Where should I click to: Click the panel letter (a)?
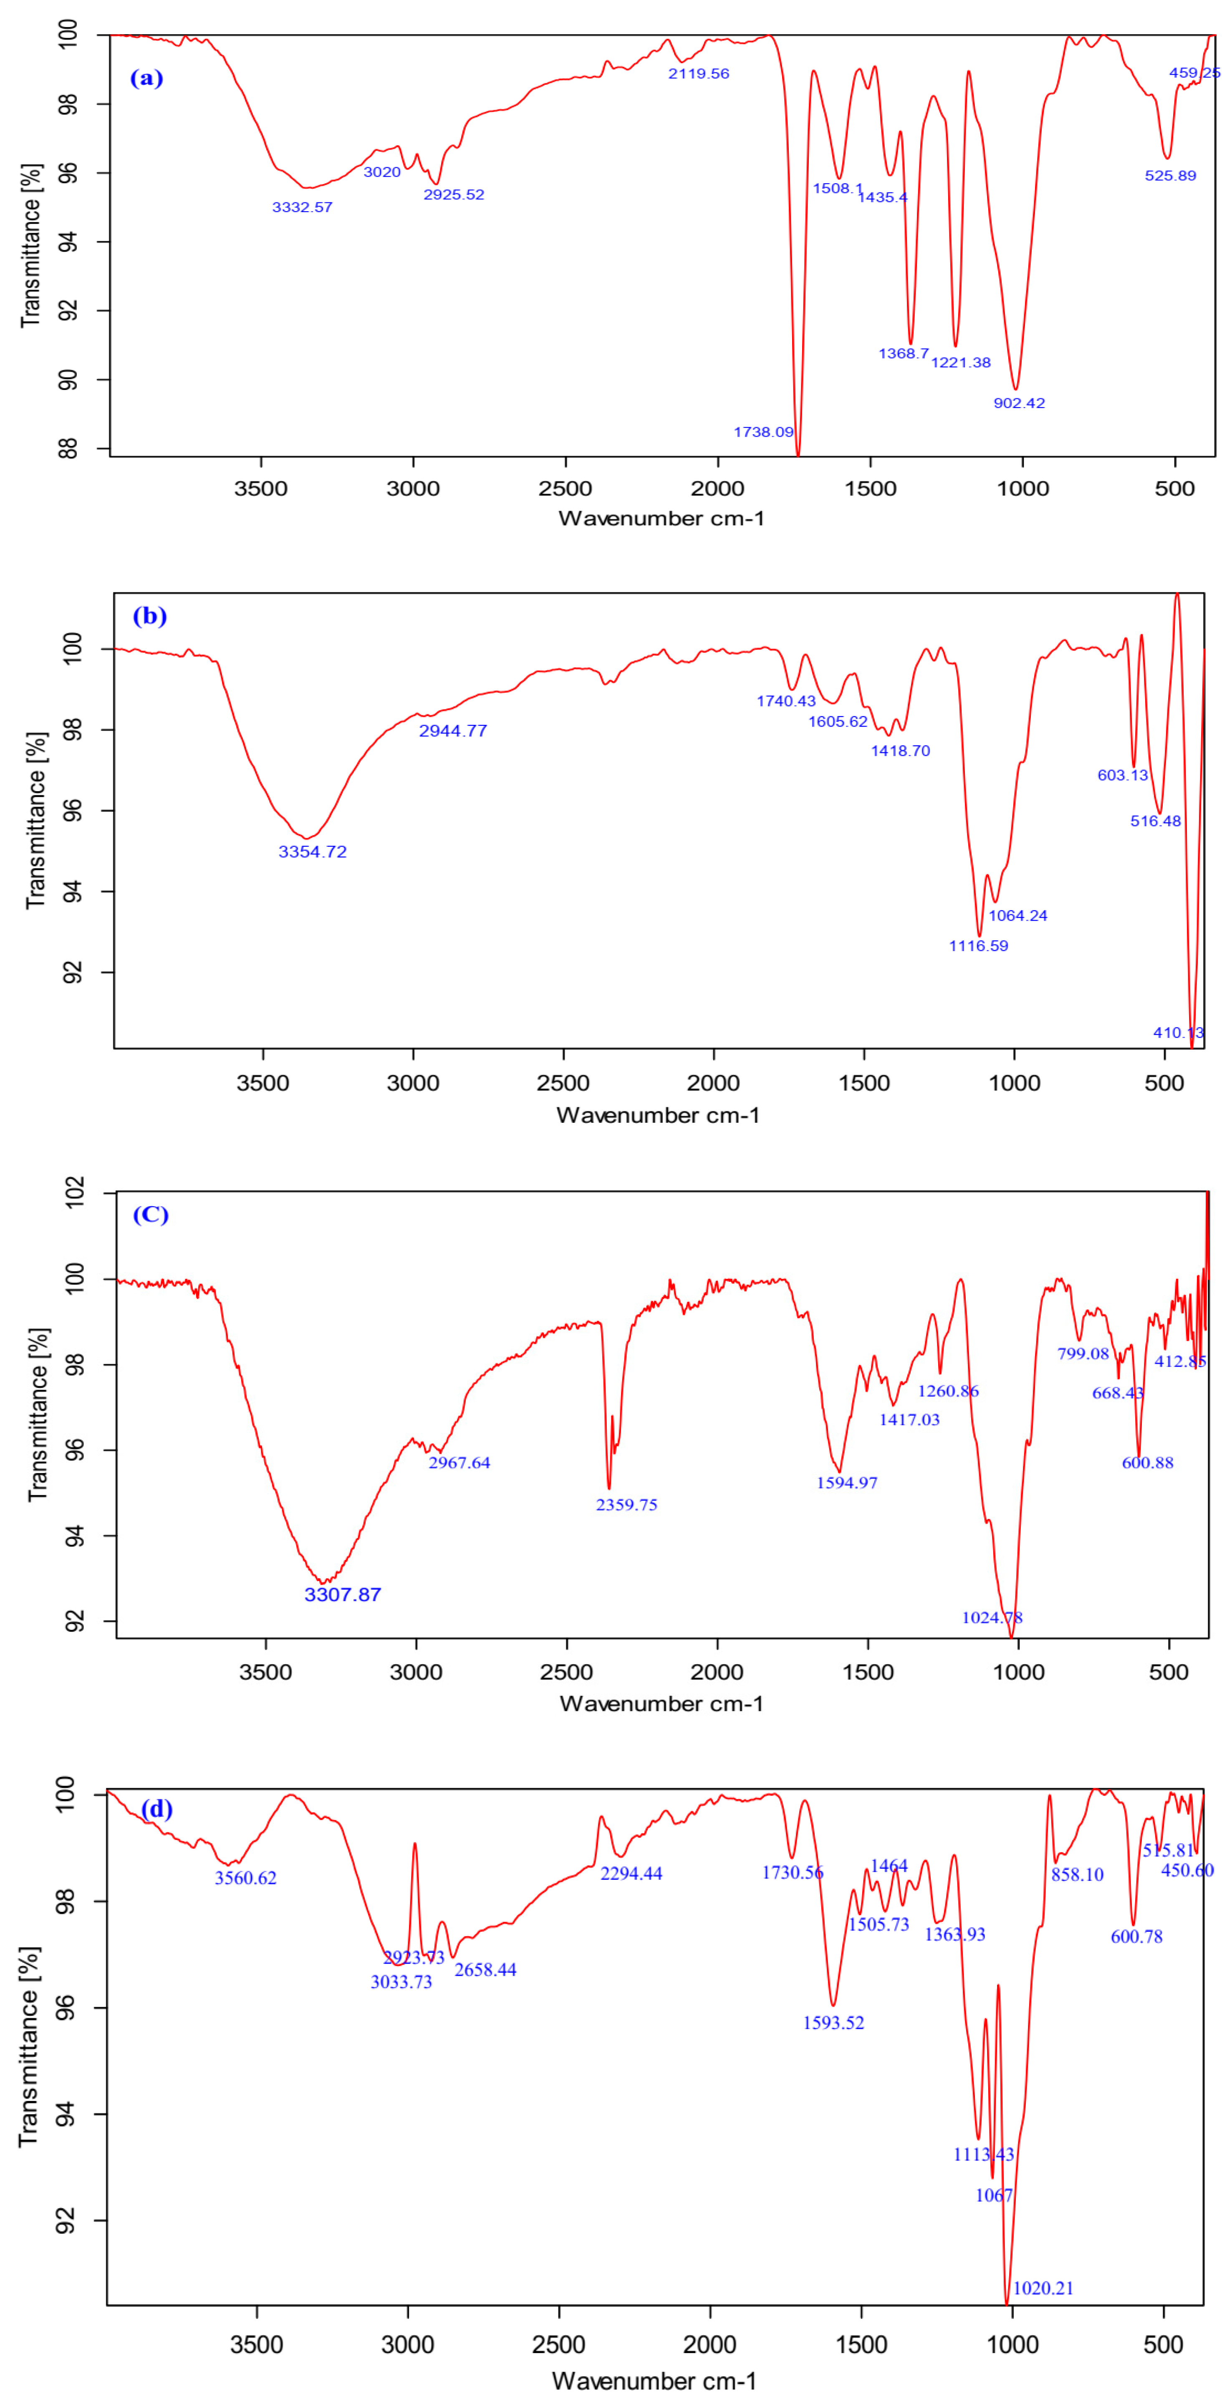[146, 78]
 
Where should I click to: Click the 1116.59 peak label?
[978, 946]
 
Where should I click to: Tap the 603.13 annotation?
[1122, 774]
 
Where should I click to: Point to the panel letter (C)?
[150, 1215]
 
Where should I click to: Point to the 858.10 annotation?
[1077, 1874]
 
